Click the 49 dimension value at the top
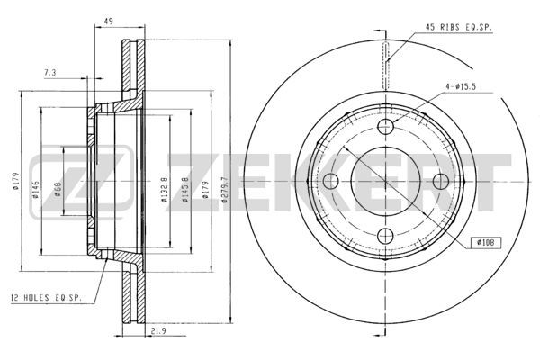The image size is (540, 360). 109,22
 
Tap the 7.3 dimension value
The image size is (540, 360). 49,73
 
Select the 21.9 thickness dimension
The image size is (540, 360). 158,331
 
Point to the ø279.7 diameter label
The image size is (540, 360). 225,190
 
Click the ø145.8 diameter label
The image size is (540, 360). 184,190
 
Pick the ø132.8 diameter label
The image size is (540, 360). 165,190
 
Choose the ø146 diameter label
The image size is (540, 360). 35,190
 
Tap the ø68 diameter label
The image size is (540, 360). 58,190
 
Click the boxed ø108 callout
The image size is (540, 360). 486,242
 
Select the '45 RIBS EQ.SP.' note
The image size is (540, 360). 459,28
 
